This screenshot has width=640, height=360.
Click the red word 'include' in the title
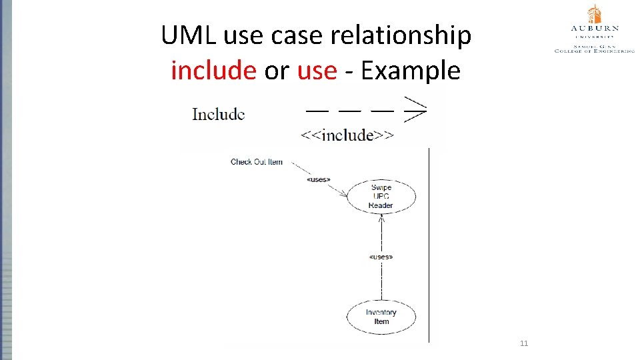coord(213,70)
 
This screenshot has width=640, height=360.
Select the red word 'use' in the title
coord(317,70)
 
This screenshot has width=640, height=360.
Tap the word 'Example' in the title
coord(410,70)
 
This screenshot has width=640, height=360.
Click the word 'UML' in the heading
coord(189,36)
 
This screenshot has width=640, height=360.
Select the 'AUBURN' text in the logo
coord(595,29)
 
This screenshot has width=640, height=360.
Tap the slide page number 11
coord(523,343)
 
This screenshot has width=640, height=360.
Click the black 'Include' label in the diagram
coord(218,114)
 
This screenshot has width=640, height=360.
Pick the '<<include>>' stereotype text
coord(347,135)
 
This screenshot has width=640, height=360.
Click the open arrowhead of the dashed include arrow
coord(415,110)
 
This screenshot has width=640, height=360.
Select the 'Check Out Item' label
coord(257,162)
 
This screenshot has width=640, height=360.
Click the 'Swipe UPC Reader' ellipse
coord(381,197)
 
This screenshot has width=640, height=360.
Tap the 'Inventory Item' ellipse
coord(381,317)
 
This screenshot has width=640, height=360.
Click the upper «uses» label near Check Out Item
coord(318,179)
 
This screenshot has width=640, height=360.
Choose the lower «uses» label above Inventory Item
coord(381,257)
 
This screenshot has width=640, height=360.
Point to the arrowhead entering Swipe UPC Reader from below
coord(381,219)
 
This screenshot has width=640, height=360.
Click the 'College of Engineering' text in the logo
coord(595,50)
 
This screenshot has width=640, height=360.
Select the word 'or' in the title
coord(277,70)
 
